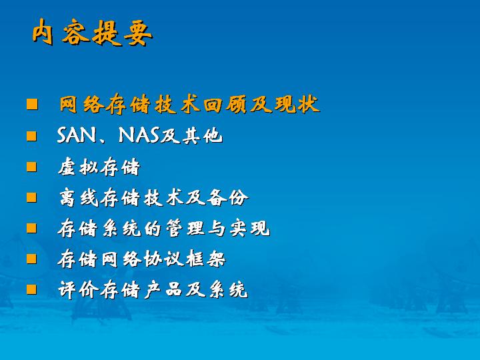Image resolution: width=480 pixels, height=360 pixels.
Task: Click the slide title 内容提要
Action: (92, 33)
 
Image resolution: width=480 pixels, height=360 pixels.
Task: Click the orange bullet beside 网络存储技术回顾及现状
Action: (32, 104)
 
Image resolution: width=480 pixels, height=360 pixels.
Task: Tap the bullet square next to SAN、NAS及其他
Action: (31, 136)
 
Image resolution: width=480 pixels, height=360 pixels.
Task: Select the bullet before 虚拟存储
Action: (31, 167)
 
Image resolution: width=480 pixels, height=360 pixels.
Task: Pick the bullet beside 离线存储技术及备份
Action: (31, 197)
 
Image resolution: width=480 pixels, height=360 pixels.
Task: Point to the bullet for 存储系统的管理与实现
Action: (31, 228)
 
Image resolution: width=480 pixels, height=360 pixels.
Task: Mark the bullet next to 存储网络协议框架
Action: (31, 259)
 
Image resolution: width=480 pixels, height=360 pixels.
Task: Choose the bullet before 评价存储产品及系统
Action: (31, 289)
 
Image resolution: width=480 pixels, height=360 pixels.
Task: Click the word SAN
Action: (76, 135)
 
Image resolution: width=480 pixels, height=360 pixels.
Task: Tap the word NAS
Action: (139, 135)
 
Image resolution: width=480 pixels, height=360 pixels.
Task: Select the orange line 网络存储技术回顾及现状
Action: (189, 105)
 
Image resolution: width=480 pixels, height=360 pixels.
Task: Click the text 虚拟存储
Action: (99, 167)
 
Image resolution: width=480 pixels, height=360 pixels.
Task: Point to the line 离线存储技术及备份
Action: (153, 198)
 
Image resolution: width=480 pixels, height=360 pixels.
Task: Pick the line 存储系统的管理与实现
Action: (164, 229)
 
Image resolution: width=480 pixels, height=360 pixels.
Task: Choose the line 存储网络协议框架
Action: (141, 259)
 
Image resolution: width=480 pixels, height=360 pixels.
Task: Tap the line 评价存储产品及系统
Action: (153, 289)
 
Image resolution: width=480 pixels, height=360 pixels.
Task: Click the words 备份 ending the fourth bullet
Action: (227, 198)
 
